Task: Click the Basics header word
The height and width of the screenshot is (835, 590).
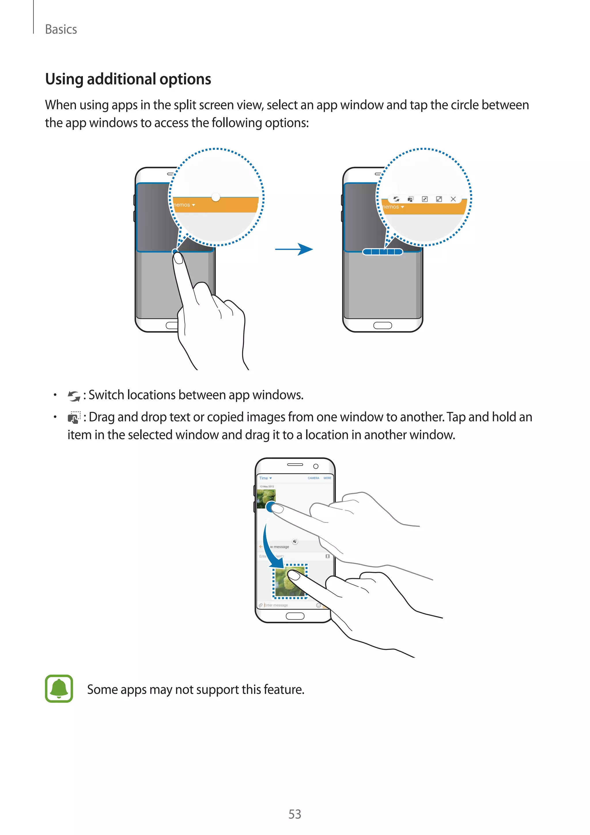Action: (61, 29)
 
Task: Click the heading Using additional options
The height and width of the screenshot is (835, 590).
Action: (128, 79)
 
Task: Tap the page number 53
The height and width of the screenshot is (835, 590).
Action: (295, 814)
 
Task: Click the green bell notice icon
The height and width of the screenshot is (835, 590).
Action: (59, 689)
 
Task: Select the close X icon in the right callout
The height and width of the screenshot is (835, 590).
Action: (453, 199)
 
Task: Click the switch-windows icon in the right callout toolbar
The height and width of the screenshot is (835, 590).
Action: (396, 199)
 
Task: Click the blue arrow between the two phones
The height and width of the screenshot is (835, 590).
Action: (294, 249)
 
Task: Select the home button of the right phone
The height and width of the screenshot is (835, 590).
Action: (383, 325)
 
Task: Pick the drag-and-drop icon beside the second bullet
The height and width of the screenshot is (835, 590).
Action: (74, 417)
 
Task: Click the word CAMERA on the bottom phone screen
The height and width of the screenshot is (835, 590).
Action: (313, 478)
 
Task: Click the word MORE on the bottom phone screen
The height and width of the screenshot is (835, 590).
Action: (327, 478)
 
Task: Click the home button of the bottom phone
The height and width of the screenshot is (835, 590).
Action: (295, 616)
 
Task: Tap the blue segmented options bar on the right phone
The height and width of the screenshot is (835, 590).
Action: (383, 252)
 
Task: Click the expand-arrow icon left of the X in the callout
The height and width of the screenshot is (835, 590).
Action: (439, 199)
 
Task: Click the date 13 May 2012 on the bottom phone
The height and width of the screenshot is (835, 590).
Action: (267, 486)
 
